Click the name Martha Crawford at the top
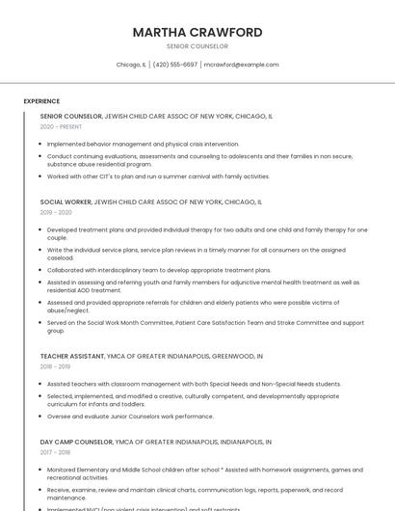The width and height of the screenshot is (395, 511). [x=197, y=33]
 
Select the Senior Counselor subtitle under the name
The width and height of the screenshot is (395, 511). [x=197, y=46]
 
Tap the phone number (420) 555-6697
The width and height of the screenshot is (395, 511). [x=174, y=65]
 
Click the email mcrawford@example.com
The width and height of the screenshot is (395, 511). [x=241, y=65]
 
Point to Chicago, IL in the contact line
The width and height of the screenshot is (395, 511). [x=131, y=65]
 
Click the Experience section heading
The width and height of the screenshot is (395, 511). [x=41, y=101]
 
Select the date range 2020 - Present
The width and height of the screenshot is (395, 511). [x=61, y=126]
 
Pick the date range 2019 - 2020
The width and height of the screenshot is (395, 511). [x=56, y=212]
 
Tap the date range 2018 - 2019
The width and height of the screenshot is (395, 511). [x=56, y=366]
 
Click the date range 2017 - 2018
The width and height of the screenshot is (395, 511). [x=56, y=452]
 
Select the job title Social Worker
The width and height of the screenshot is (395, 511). [x=66, y=202]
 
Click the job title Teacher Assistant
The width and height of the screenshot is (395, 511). [x=71, y=357]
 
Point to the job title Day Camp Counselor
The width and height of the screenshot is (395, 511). [x=76, y=442]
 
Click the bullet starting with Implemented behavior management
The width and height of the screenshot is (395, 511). [x=143, y=144]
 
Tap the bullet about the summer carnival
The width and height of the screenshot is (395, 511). [x=158, y=176]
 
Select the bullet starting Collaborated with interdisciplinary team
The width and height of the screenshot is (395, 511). [x=159, y=270]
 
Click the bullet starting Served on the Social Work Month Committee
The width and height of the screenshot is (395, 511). [x=204, y=326]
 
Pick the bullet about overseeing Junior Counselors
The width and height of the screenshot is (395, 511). [x=130, y=417]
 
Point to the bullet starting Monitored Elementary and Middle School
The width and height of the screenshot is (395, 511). [x=197, y=473]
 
